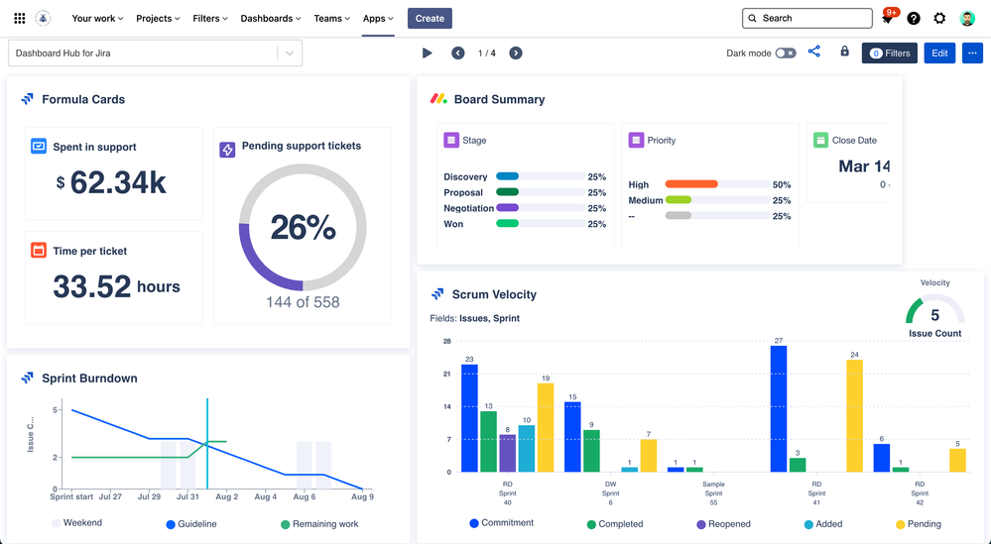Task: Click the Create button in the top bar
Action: tap(430, 18)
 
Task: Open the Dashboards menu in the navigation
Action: tap(272, 18)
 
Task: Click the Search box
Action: tap(807, 18)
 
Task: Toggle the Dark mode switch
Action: tap(785, 54)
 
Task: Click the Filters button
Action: tap(889, 54)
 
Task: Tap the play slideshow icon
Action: tap(428, 54)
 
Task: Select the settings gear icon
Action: tap(939, 18)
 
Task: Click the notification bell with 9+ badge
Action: tap(887, 19)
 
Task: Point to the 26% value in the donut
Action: tap(303, 227)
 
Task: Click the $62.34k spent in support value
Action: tap(117, 182)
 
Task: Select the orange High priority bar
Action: tap(691, 184)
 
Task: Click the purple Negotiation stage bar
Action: tap(507, 208)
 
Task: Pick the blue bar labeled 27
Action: tap(778, 408)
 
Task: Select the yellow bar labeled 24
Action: tap(854, 415)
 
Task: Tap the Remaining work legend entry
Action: tap(318, 524)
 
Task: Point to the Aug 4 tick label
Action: tap(265, 497)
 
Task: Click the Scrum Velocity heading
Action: tap(494, 294)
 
